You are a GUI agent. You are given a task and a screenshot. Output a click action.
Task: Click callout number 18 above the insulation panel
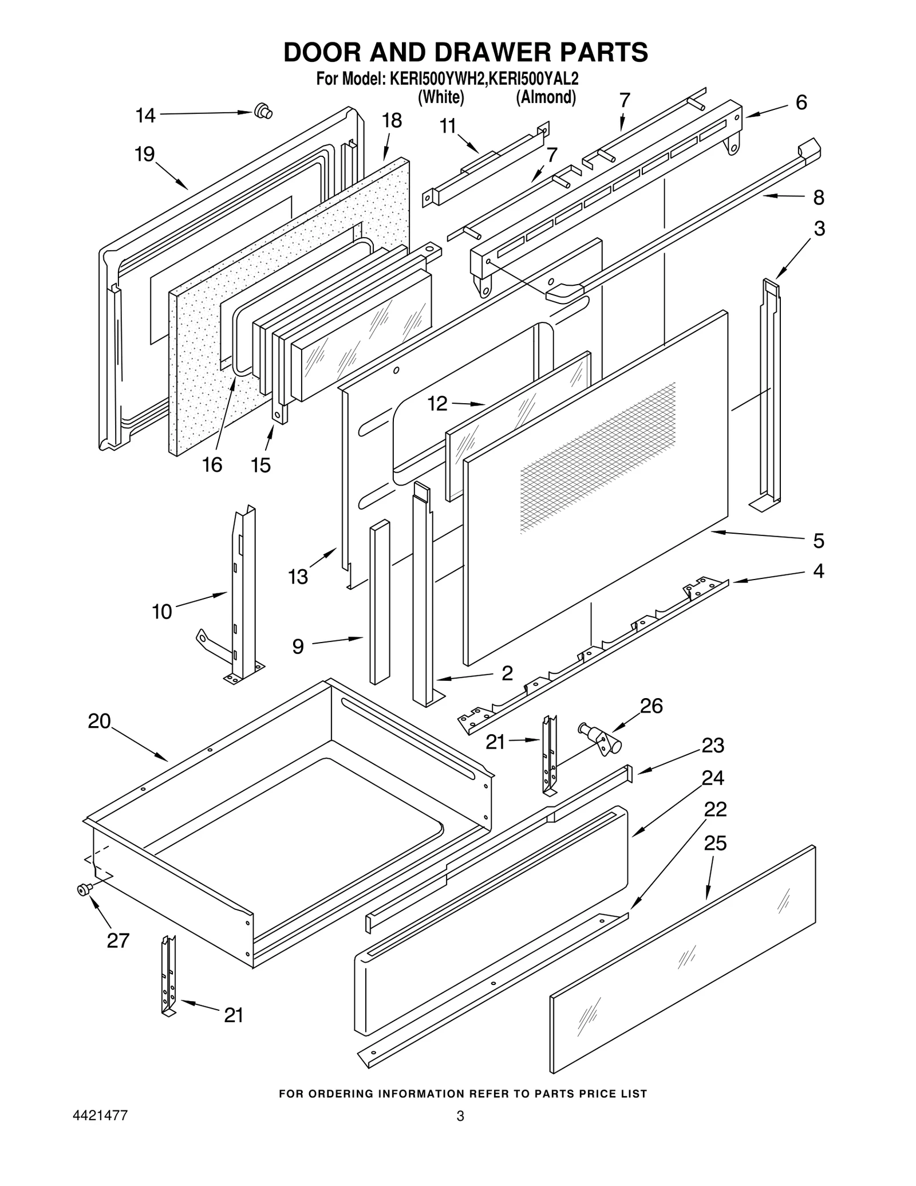click(x=392, y=121)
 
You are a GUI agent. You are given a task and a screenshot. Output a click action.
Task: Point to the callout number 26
click(x=651, y=706)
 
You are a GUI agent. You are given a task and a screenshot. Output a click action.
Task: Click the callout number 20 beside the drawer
click(x=99, y=721)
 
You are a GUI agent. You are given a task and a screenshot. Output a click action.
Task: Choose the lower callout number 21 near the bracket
click(x=234, y=1015)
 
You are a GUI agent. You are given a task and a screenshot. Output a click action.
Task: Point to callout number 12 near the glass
click(x=437, y=404)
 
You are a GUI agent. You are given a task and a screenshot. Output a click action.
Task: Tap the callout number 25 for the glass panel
click(x=715, y=844)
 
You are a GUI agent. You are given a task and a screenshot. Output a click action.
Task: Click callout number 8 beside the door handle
click(x=819, y=198)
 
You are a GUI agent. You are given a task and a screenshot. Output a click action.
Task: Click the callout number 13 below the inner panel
click(x=298, y=577)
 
